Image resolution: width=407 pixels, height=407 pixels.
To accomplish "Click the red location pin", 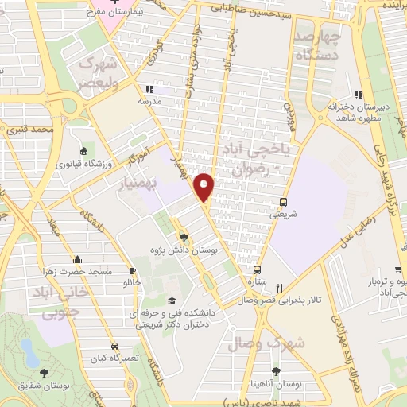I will point(205,186).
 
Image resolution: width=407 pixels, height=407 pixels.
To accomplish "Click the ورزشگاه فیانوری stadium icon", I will point(84,151).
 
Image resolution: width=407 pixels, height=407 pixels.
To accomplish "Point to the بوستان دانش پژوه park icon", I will point(184,237).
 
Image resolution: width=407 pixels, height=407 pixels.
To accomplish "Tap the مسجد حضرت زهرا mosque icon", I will point(77,259).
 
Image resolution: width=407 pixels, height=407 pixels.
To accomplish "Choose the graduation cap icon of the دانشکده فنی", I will point(172,300).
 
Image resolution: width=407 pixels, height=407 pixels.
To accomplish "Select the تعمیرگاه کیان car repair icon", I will point(115,347).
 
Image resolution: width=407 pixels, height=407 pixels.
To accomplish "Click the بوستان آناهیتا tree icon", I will point(276,370).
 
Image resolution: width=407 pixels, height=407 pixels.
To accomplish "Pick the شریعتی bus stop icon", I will point(285,202).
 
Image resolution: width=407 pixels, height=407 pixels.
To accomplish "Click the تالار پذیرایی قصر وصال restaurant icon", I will point(278,288).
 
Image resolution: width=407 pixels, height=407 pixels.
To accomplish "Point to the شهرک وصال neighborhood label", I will point(266,343).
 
